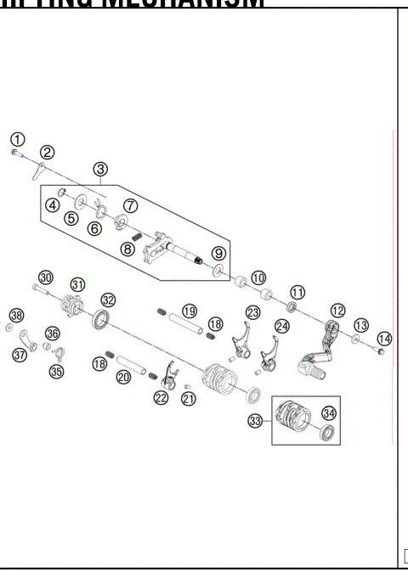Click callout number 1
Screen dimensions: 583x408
coord(17,139)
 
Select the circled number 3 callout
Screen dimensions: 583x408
coord(101,169)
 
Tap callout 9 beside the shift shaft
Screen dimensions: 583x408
coord(218,253)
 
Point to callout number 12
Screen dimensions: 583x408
coord(338,311)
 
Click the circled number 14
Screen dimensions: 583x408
coord(384,338)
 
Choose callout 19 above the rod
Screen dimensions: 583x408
coord(188,311)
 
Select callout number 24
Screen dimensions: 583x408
coord(282,325)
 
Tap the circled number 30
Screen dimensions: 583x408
coord(45,277)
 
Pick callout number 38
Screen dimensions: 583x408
coord(15,314)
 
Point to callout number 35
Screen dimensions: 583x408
coord(57,370)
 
